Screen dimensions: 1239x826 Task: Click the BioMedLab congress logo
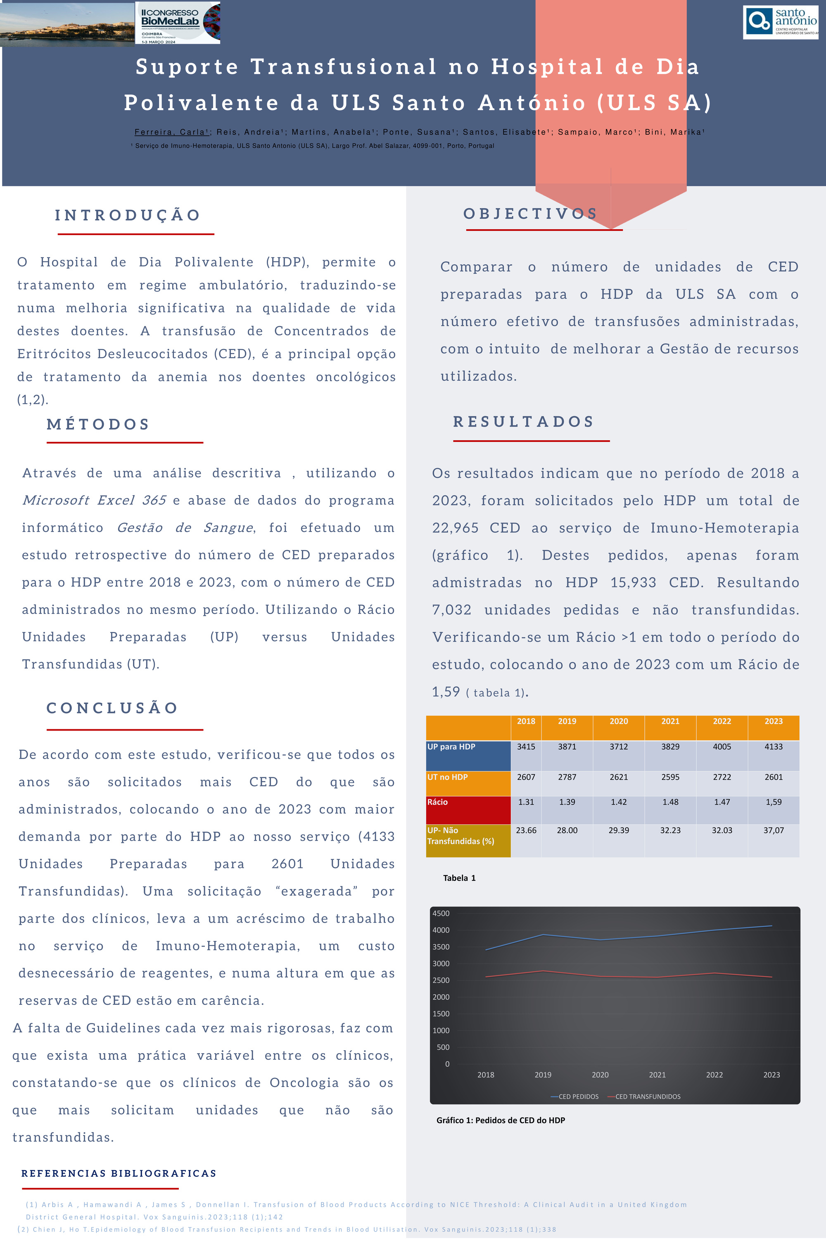coord(178,23)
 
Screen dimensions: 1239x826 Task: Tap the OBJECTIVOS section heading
coord(530,214)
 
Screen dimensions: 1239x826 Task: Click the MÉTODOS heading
coord(99,424)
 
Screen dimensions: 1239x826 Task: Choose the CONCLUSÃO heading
coord(112,707)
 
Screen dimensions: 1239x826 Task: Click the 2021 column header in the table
coord(670,721)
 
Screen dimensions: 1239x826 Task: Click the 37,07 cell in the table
coord(773,830)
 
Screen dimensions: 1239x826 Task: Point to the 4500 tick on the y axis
coord(441,914)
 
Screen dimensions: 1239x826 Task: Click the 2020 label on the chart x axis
coord(600,1075)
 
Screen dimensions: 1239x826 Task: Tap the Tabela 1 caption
coord(459,878)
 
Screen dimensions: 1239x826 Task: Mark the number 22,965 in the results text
coord(455,528)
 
